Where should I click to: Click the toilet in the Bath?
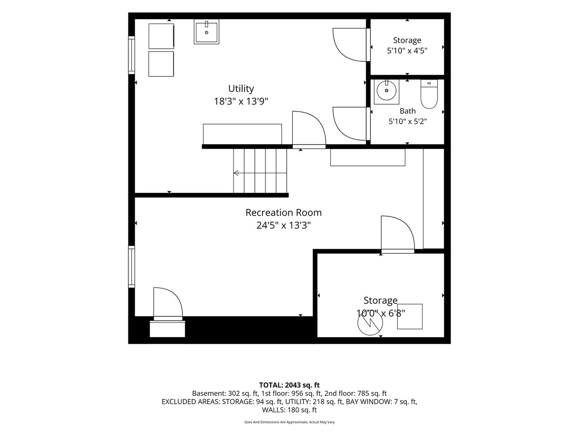pyautogui.click(x=429, y=94)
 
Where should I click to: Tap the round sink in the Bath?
pyautogui.click(x=386, y=91)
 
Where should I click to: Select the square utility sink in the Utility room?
pyautogui.click(x=207, y=32)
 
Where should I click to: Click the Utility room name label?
pyautogui.click(x=241, y=89)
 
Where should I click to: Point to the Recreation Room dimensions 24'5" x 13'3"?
pyautogui.click(x=284, y=226)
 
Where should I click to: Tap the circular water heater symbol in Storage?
pyautogui.click(x=370, y=323)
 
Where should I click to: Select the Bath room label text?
pyautogui.click(x=408, y=111)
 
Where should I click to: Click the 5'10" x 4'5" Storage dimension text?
pyautogui.click(x=407, y=51)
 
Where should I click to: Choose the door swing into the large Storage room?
pyautogui.click(x=398, y=234)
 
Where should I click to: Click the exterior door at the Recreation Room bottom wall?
pyautogui.click(x=168, y=304)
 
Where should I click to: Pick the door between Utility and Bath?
pyautogui.click(x=351, y=124)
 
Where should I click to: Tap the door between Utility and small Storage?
pyautogui.click(x=351, y=45)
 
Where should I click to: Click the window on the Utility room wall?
pyautogui.click(x=132, y=55)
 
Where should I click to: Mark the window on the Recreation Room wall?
pyautogui.click(x=132, y=267)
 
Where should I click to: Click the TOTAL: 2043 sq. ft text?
pyautogui.click(x=289, y=385)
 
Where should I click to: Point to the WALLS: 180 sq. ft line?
pyautogui.click(x=289, y=410)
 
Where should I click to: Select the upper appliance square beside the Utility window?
pyautogui.click(x=161, y=36)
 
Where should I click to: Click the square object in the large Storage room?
pyautogui.click(x=410, y=316)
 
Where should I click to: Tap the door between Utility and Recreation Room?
pyautogui.click(x=309, y=130)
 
